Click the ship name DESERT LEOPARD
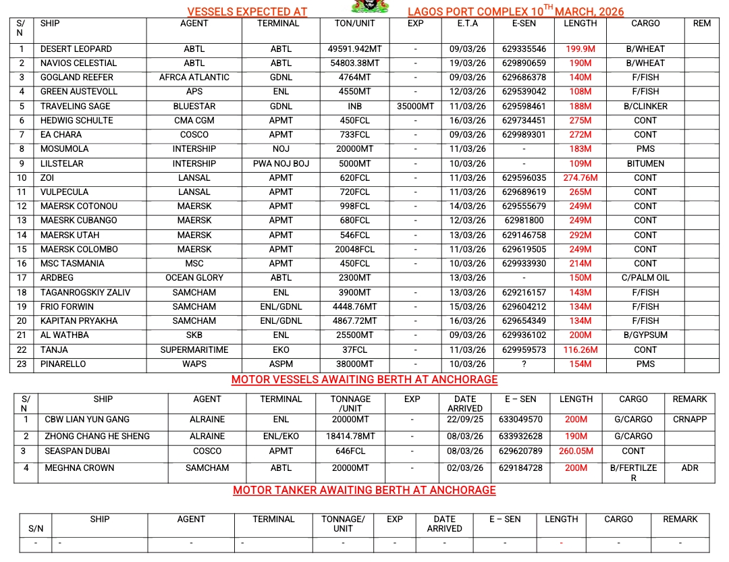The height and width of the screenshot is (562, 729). (76, 49)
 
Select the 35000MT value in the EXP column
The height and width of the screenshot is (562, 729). (415, 106)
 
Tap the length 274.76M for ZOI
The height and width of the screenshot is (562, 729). (580, 178)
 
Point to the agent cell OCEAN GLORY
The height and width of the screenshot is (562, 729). (194, 277)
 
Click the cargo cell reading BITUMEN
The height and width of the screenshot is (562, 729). (645, 163)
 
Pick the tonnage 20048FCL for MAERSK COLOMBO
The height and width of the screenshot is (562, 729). (354, 249)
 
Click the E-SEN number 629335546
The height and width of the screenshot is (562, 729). (524, 49)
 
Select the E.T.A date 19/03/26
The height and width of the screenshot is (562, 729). (467, 63)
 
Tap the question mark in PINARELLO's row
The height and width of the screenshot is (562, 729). (524, 364)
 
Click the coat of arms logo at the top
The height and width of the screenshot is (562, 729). (371, 6)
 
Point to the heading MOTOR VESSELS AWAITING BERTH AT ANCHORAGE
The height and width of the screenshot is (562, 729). (364, 379)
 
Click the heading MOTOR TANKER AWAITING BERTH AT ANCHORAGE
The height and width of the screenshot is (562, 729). (364, 490)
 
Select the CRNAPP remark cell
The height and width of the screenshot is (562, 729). (689, 419)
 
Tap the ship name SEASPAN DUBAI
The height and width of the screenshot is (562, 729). (77, 451)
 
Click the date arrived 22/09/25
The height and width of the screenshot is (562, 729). (464, 419)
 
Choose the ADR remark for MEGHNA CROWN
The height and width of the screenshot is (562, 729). (689, 468)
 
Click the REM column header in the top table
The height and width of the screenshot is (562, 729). (701, 23)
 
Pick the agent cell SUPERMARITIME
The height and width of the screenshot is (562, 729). (194, 349)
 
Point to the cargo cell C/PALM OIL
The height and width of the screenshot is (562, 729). (645, 277)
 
